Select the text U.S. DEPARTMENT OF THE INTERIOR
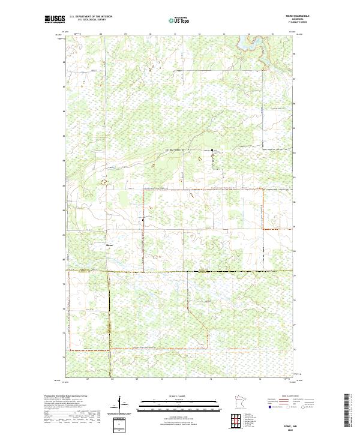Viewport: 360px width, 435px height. (91, 17)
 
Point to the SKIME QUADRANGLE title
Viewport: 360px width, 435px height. (284, 16)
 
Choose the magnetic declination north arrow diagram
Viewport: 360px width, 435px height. (119, 403)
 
